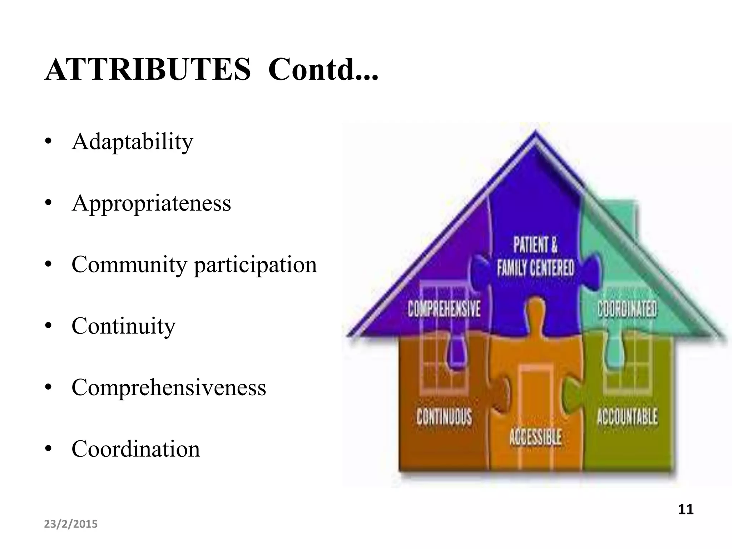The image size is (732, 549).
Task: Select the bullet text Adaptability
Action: tap(132, 142)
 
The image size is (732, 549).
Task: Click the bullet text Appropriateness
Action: tap(151, 203)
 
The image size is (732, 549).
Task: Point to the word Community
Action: tap(129, 265)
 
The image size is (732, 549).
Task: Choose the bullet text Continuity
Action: tap(123, 326)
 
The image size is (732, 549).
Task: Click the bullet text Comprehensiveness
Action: tap(169, 387)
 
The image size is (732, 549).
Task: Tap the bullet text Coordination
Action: tap(135, 449)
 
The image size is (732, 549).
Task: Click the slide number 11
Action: tap(686, 509)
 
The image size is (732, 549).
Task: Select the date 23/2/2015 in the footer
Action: tap(71, 524)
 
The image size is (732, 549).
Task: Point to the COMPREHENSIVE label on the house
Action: tap(444, 309)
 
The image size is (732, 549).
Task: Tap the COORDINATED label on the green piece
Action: tap(627, 309)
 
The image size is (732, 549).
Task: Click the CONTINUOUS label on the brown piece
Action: tap(444, 417)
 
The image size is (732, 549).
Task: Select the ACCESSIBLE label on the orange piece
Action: tap(535, 437)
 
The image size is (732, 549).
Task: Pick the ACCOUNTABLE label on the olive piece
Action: tap(627, 417)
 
